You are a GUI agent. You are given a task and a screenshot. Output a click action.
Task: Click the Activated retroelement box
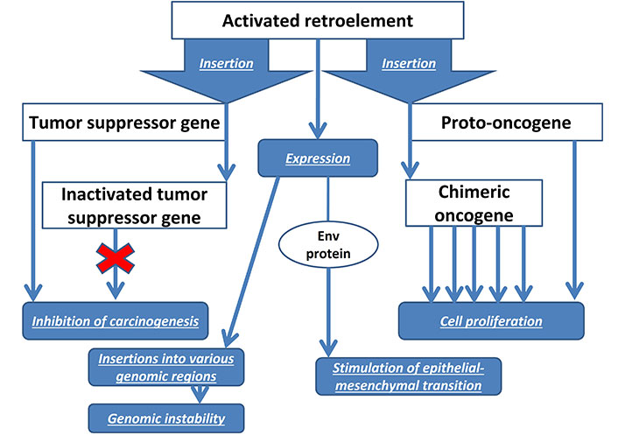click(318, 20)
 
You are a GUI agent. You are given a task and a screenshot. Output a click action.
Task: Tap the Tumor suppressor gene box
click(123, 123)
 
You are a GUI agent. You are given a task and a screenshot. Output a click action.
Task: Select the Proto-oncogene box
click(506, 123)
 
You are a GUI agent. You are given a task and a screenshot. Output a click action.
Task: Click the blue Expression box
click(318, 158)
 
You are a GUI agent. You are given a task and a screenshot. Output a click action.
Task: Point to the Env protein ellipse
click(328, 245)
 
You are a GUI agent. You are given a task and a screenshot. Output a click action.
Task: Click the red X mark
click(116, 258)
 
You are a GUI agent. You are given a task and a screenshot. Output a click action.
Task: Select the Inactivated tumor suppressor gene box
click(135, 206)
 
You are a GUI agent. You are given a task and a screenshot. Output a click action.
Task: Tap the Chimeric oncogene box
click(474, 203)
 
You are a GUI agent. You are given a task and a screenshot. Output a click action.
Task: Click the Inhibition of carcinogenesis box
click(115, 321)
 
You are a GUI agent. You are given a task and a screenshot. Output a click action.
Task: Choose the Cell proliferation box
click(491, 321)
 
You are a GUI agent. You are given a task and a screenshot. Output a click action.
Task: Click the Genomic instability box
click(166, 418)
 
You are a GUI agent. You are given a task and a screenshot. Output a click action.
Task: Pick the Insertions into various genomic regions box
click(166, 368)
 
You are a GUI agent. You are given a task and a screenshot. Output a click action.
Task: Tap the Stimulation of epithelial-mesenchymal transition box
click(408, 376)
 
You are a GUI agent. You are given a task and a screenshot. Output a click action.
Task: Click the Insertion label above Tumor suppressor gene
click(226, 63)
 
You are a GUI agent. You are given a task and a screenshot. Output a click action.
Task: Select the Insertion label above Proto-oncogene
click(409, 63)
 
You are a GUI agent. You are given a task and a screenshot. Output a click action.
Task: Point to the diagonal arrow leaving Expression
click(252, 262)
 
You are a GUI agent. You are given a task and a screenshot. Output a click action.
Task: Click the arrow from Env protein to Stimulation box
click(328, 312)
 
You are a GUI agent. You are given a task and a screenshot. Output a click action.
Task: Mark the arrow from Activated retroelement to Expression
click(318, 89)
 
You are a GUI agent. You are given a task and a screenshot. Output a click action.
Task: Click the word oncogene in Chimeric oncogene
click(474, 215)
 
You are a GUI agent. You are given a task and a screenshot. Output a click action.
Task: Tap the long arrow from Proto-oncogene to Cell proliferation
click(574, 220)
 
